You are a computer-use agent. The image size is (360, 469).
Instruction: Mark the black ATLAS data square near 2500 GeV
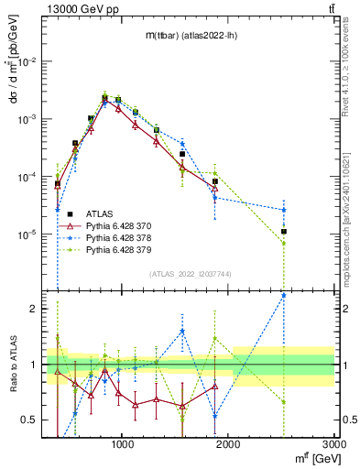tap(285, 232)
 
